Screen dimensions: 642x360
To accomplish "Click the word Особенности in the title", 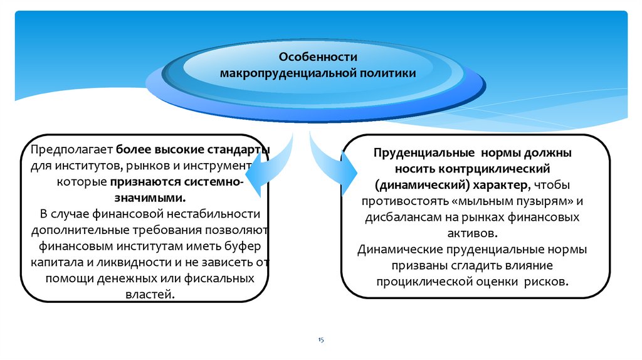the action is (313, 56).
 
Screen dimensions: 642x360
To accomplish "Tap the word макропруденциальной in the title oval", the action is (287, 73).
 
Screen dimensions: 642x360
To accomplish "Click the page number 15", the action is (320, 339).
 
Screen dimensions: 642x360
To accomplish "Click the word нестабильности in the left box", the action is (218, 213).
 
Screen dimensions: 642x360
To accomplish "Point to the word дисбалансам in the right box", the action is (400, 218).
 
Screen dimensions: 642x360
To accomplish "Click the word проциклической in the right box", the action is (424, 282).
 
